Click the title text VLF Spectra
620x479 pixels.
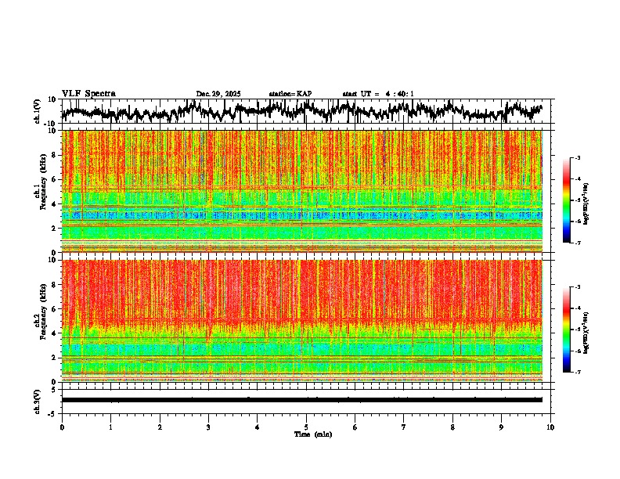[x=88, y=93]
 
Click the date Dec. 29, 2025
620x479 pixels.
[x=218, y=94]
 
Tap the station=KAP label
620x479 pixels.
[x=290, y=94]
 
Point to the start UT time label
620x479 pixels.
[x=378, y=94]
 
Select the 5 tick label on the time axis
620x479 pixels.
[x=306, y=427]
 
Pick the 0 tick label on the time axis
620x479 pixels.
[x=62, y=427]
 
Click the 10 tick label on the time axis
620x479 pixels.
[x=550, y=427]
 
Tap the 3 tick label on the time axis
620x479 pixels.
[x=208, y=427]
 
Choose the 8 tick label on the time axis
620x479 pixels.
[x=452, y=427]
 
